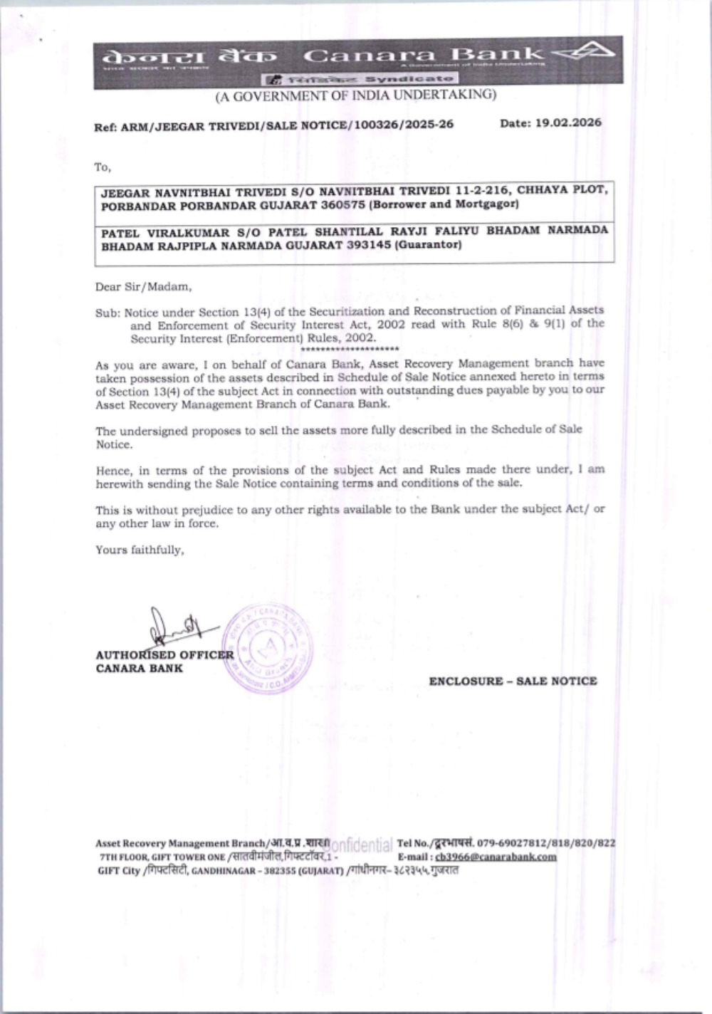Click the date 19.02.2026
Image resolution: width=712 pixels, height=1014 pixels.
click(568, 123)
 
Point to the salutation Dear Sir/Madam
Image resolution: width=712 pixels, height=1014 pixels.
click(143, 287)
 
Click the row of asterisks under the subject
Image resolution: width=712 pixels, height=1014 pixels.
click(350, 349)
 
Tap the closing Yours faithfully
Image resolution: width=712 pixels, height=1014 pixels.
click(140, 550)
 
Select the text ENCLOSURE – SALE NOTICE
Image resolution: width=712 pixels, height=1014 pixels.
click(513, 681)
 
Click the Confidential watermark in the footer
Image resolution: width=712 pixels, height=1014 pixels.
click(360, 845)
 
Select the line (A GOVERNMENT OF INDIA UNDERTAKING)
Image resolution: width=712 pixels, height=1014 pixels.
click(356, 95)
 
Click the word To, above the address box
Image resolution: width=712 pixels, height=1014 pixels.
click(103, 167)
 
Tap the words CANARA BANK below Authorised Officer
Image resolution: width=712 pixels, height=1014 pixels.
click(139, 669)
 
